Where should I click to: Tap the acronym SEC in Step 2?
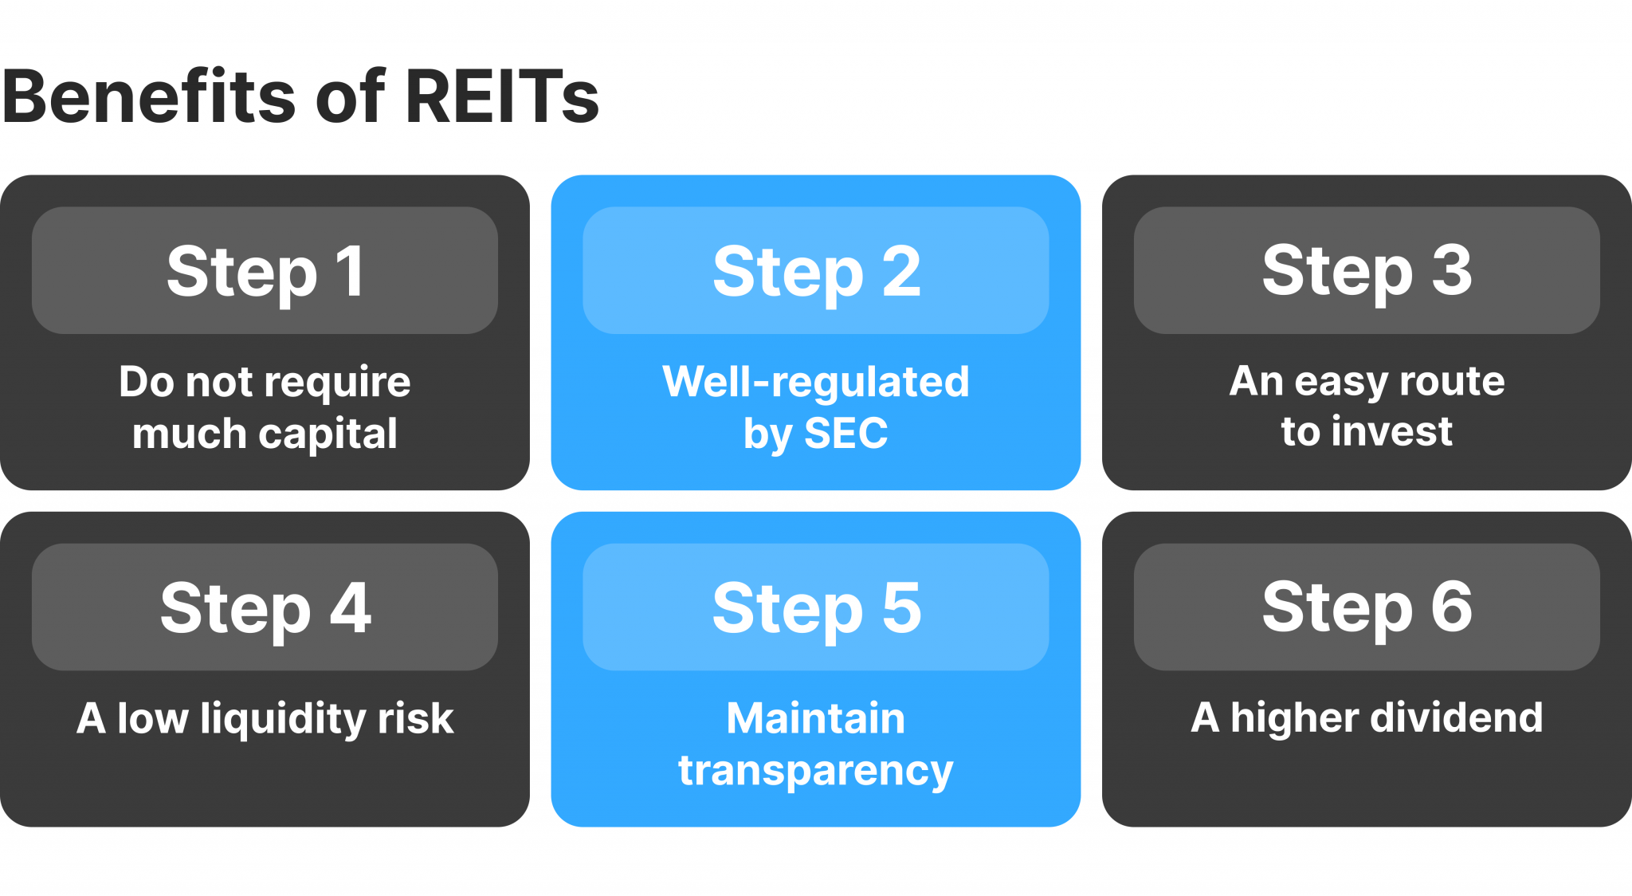(845, 434)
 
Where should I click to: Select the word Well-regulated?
(816, 382)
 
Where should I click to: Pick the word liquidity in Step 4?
(283, 719)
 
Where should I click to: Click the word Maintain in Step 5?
(816, 718)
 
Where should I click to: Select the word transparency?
(816, 771)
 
